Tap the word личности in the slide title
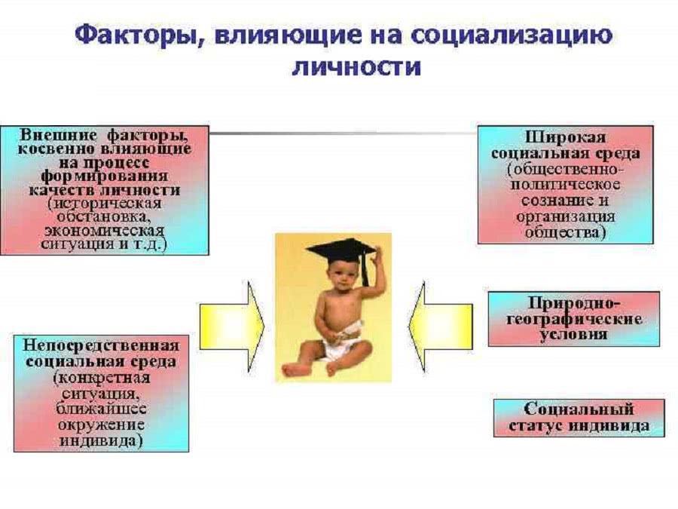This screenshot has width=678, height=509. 357,67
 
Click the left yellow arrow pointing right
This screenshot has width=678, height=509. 232,327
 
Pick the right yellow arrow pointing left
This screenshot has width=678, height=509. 441,327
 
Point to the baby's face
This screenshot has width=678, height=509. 341,277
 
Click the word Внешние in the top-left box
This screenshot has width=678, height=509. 59,135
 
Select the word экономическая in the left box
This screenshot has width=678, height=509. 105,230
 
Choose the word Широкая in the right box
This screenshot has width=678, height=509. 565,137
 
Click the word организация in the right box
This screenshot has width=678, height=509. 565,216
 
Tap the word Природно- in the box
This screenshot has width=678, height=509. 574,302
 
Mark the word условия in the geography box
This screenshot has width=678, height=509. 574,334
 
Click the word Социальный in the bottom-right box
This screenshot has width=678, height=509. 579,409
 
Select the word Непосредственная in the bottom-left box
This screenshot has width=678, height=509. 101,345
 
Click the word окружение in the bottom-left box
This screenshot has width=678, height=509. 101,425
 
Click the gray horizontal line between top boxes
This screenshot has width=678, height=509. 344,133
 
